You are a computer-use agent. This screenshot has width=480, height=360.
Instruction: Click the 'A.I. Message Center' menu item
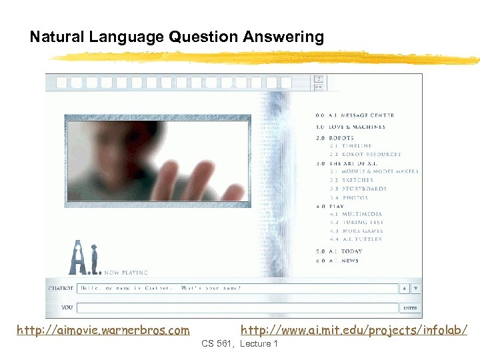360,115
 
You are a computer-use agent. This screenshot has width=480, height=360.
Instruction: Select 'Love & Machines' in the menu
356,127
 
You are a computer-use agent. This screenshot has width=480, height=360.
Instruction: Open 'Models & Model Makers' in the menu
378,171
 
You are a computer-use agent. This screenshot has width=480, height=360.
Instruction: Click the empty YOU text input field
237,308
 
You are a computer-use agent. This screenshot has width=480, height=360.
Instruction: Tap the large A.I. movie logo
85,257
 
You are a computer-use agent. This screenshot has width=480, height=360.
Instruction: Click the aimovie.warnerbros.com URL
103,330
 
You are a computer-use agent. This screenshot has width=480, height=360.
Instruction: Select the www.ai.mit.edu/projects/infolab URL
353,330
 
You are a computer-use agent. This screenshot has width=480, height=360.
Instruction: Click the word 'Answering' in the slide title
287,37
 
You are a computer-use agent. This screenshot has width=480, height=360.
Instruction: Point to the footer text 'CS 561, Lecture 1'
239,343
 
